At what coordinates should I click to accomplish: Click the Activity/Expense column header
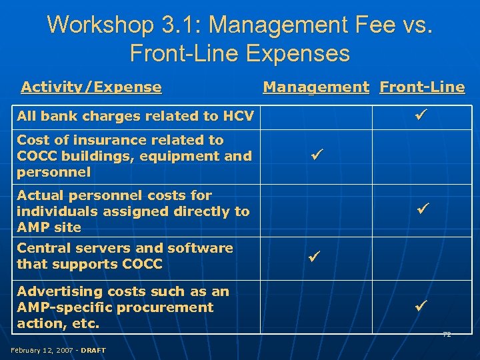point(91,87)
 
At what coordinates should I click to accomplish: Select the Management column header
point(316,87)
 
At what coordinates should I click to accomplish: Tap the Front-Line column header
point(422,87)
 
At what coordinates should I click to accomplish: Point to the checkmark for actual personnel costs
point(422,209)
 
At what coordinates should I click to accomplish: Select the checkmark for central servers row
point(314,255)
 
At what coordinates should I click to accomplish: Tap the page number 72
point(447,334)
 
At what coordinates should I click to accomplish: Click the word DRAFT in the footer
point(93,350)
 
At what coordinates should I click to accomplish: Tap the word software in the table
point(202,248)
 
